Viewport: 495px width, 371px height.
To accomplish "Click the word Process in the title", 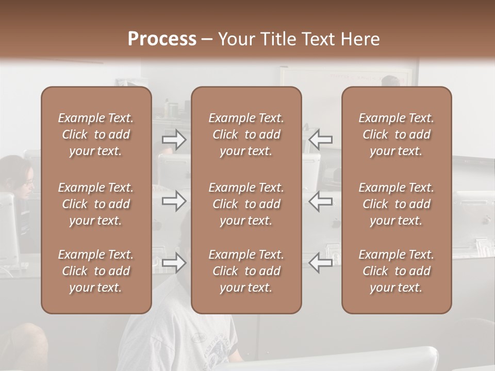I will pos(162,39).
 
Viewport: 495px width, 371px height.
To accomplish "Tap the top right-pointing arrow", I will pos(174,140).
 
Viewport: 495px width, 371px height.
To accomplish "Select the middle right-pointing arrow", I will pos(174,201).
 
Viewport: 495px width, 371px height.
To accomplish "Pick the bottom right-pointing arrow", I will pos(174,263).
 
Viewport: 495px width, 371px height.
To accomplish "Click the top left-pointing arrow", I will pos(321,140).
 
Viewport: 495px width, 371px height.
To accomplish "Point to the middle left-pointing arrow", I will pos(321,201).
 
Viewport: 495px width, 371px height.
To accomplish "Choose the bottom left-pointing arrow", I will pos(321,263).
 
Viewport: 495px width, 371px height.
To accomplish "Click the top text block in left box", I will pos(96,134).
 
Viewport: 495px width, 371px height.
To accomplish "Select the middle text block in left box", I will pos(96,204).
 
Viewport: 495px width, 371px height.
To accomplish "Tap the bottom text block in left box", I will pos(96,271).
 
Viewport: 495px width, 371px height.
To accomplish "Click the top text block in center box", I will pos(246,134).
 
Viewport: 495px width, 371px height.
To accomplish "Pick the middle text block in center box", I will pos(246,204).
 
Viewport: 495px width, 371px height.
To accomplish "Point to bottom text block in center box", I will pos(246,271).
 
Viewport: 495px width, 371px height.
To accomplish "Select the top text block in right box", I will pos(396,134).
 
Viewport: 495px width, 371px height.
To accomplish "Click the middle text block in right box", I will pos(396,204).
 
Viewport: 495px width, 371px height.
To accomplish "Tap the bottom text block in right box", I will pos(396,271).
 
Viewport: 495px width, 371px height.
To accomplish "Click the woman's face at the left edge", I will pos(28,182).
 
